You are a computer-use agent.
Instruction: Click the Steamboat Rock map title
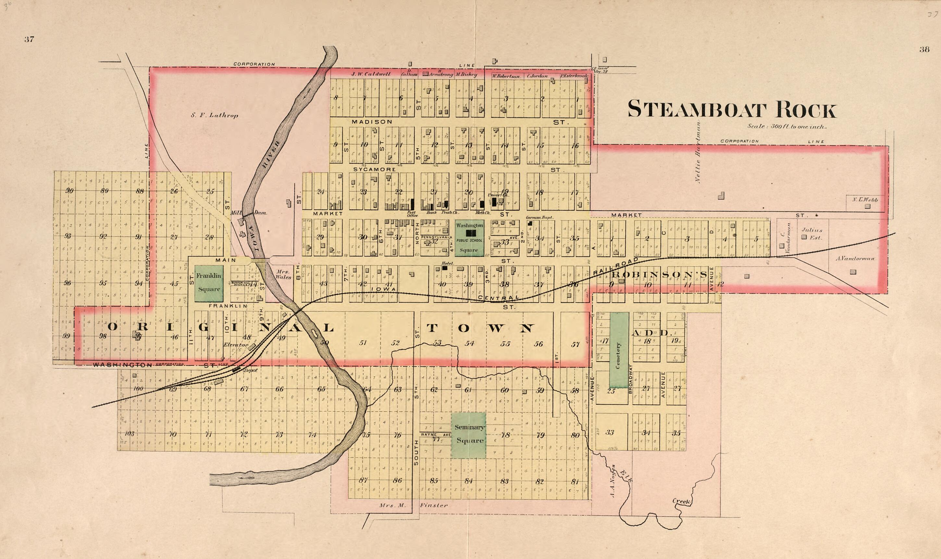coord(731,110)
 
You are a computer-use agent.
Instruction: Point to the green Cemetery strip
coord(619,350)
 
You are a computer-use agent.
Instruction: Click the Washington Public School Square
coord(469,238)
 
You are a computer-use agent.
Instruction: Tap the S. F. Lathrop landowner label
coord(214,116)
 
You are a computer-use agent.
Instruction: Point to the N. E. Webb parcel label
coord(865,200)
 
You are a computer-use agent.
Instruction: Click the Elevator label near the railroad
coord(235,345)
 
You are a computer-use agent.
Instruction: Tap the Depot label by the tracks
coord(250,370)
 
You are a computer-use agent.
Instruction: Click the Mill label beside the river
coord(236,213)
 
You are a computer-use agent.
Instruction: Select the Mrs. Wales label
coord(283,274)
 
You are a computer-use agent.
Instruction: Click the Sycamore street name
coord(374,170)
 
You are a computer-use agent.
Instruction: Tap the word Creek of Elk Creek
coord(681,501)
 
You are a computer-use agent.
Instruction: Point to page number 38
coord(924,49)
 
